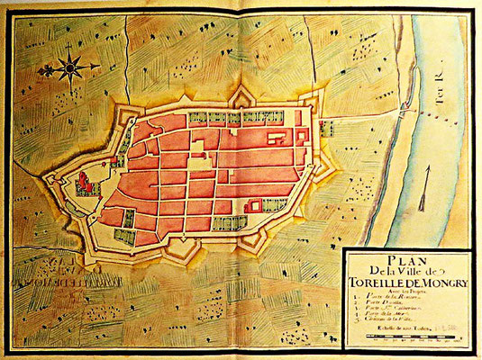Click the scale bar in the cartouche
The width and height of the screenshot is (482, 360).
(x=410, y=349)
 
